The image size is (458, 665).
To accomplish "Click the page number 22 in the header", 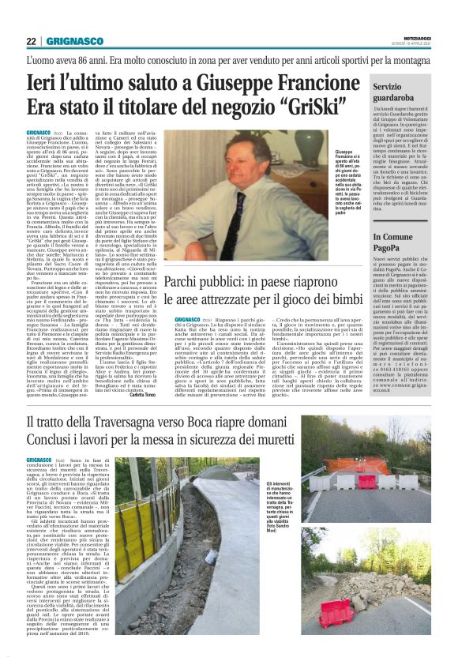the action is click(x=32, y=41).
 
